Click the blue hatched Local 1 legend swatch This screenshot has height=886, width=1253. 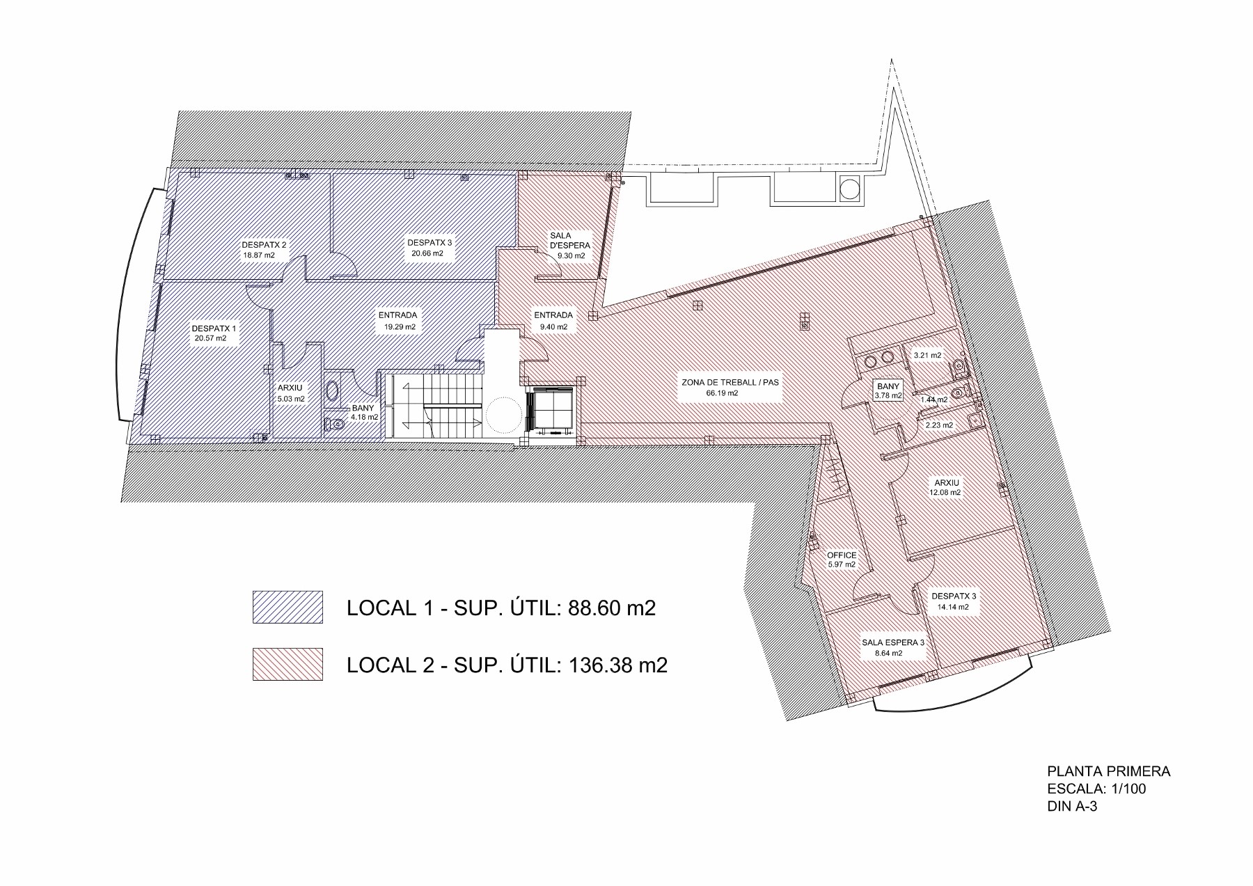[x=287, y=607]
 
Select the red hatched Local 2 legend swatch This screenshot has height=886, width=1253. [x=287, y=664]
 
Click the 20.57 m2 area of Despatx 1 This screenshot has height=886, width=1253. [x=211, y=339]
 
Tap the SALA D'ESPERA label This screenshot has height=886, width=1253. [x=570, y=241]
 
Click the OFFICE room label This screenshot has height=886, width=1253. [x=841, y=555]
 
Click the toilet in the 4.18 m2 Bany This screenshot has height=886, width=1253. [x=336, y=425]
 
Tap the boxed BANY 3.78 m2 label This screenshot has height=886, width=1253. [x=888, y=390]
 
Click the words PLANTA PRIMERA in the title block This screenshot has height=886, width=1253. [x=1109, y=771]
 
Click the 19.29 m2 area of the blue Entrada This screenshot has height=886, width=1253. [x=400, y=326]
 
